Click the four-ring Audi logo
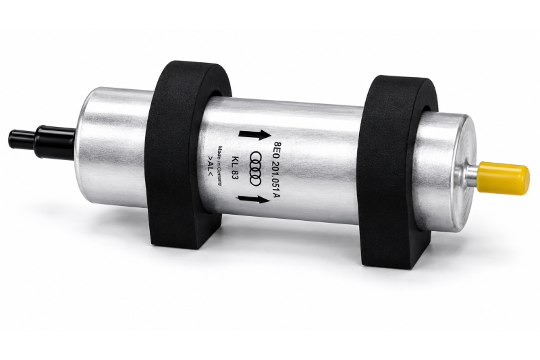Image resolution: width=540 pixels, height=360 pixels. [256, 168]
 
